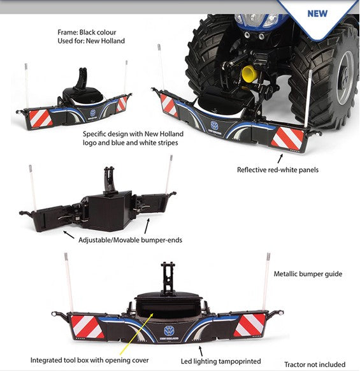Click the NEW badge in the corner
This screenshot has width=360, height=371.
click(x=317, y=13)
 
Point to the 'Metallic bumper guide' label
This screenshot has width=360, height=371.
click(x=308, y=273)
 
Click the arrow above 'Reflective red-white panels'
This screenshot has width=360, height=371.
click(x=278, y=157)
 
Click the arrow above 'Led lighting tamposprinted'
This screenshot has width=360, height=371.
click(x=201, y=349)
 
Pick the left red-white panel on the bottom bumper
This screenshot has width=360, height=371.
click(x=87, y=326)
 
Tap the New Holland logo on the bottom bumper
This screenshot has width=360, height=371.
click(x=168, y=330)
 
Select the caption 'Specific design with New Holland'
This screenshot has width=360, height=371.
click(x=133, y=134)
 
